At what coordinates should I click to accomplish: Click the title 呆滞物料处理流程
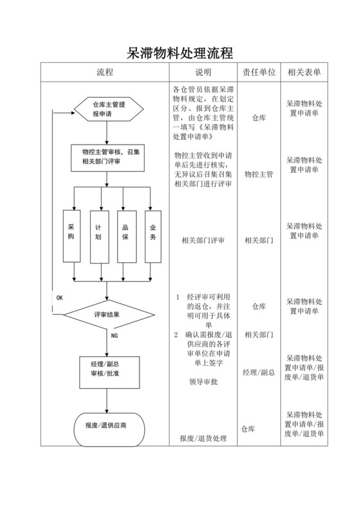pyautogui.click(x=179, y=52)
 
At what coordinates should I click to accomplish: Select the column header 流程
pyautogui.click(x=105, y=73)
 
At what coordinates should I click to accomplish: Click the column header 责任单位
pyautogui.click(x=258, y=73)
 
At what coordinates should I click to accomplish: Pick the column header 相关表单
pyautogui.click(x=304, y=73)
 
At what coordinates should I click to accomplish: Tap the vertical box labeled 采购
pyautogui.click(x=71, y=236)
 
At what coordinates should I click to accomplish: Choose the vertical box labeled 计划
pyautogui.click(x=98, y=236)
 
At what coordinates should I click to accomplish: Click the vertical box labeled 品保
pyautogui.click(x=125, y=236)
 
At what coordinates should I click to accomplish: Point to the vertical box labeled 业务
pyautogui.click(x=153, y=236)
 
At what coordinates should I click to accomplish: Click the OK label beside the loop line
pyautogui.click(x=59, y=298)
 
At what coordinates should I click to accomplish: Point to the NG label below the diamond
pyautogui.click(x=114, y=336)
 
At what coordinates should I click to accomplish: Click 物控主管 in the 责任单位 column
pyautogui.click(x=258, y=174)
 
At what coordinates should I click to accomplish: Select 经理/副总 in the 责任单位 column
pyautogui.click(x=258, y=372)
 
